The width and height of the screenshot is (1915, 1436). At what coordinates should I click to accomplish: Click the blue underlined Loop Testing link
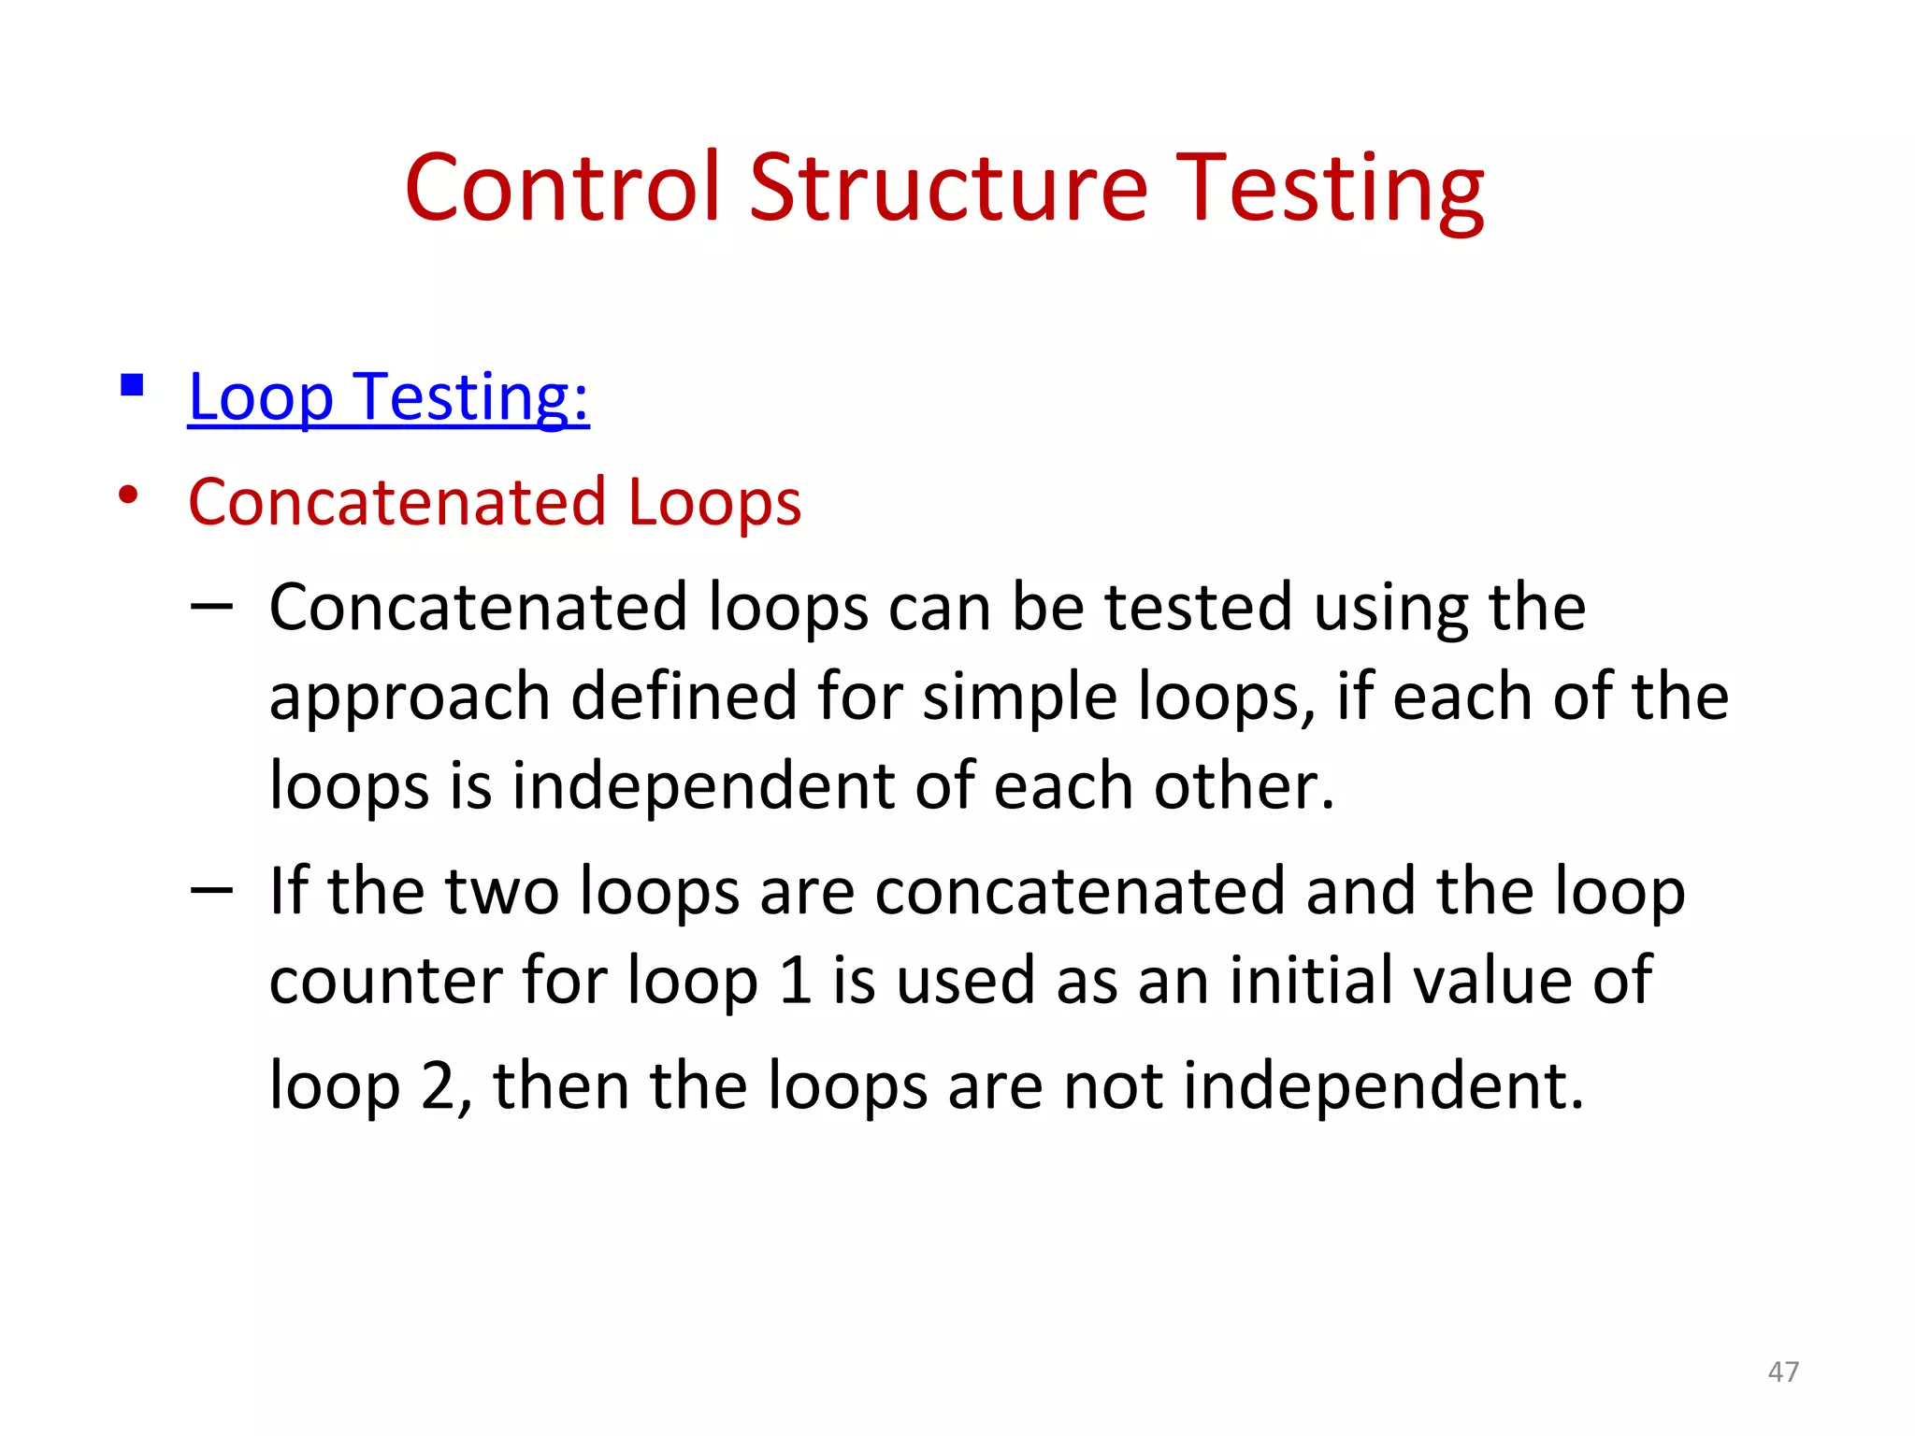coord(388,397)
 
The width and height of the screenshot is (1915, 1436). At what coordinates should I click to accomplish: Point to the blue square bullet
coord(132,385)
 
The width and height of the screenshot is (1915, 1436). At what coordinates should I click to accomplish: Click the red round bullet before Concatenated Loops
coord(129,495)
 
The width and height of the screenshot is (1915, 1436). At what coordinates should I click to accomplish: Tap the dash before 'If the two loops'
coord(211,891)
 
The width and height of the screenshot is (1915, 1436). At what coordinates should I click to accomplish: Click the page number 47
coord(1783,1371)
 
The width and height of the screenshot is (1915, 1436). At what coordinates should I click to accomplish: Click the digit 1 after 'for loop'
coord(795,981)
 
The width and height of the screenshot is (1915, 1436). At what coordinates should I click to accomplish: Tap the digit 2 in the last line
coord(438,1085)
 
